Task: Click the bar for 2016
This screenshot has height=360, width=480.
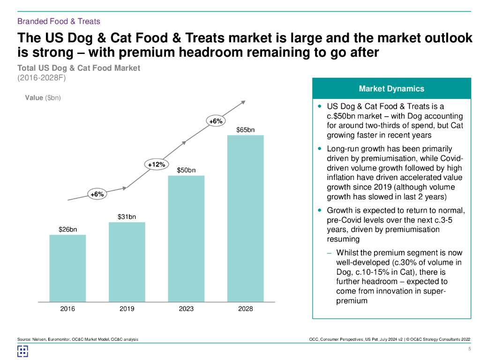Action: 67,268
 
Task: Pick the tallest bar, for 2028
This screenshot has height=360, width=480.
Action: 246,218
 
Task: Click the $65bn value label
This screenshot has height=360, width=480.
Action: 246,129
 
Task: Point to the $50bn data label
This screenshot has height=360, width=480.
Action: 186,170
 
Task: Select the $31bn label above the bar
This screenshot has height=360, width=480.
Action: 127,217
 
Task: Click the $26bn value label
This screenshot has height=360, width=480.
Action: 67,229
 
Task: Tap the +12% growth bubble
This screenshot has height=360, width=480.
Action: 157,165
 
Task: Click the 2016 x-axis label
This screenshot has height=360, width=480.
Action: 67,308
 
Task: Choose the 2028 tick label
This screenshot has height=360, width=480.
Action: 246,308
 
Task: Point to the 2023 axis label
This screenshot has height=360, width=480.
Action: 186,308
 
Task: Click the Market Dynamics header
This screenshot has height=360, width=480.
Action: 391,89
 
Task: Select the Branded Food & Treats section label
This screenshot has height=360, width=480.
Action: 59,21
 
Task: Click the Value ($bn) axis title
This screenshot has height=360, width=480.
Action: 43,98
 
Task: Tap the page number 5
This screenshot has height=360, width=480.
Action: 469,349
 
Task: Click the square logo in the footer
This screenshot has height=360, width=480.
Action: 23,351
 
